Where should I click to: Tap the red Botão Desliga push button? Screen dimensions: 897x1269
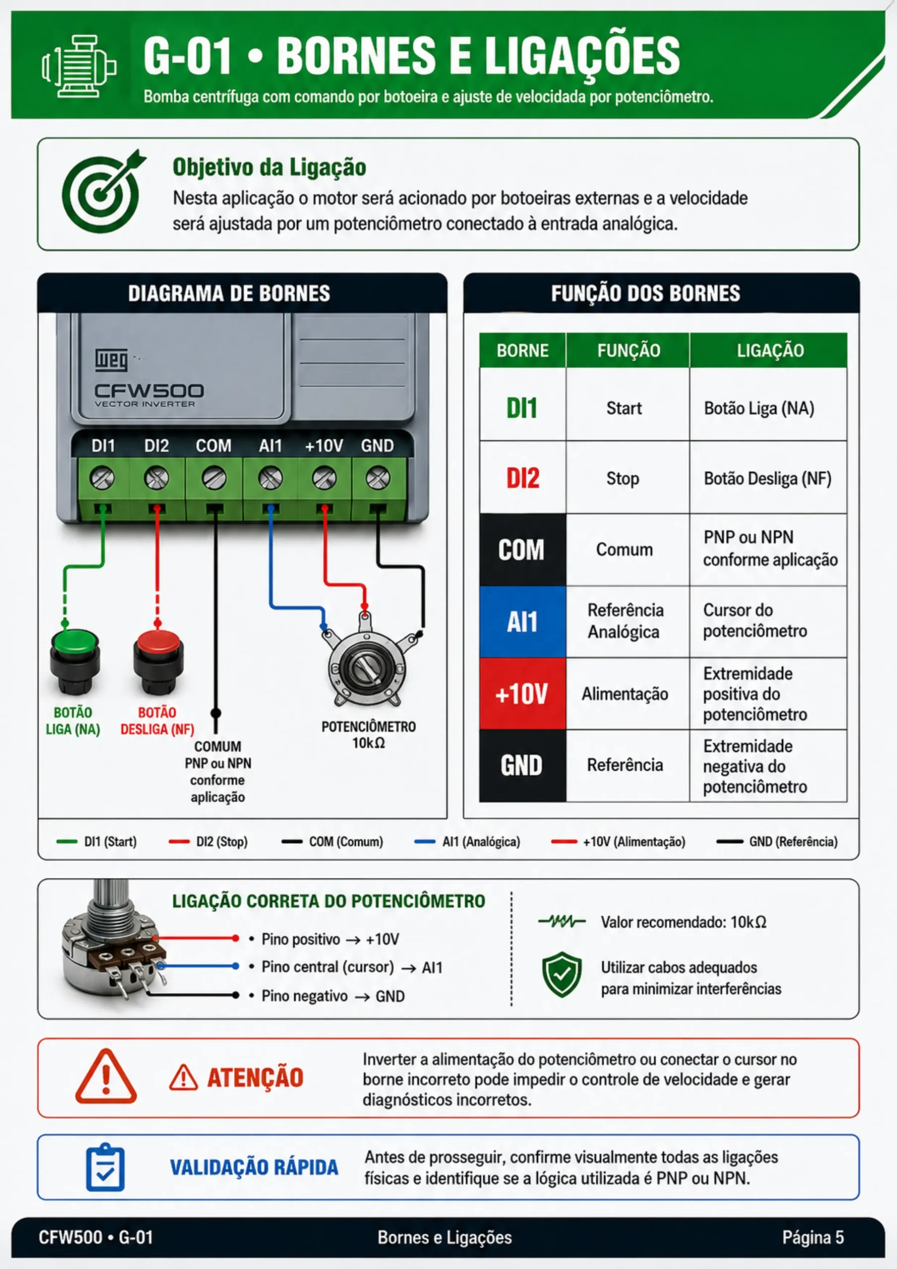[x=158, y=662]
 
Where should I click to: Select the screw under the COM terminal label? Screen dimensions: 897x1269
[x=214, y=478]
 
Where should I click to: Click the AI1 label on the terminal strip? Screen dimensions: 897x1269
[x=270, y=446]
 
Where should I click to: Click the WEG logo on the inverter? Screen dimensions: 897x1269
[x=111, y=359]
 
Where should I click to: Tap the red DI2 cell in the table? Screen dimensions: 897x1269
[x=523, y=477]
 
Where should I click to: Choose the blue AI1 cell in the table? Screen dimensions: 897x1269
[x=523, y=622]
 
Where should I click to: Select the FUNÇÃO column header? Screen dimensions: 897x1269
[x=628, y=350]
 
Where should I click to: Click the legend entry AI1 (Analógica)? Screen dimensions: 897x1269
[x=467, y=842]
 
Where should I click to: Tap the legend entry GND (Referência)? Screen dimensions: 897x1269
[x=777, y=842]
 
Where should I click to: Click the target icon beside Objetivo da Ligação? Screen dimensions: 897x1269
[x=102, y=191]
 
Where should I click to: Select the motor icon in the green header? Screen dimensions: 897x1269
[x=78, y=66]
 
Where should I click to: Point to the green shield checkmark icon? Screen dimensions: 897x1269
[x=561, y=975]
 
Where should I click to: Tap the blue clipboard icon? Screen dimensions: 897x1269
[x=105, y=1167]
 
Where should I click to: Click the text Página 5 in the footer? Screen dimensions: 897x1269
[x=813, y=1237]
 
